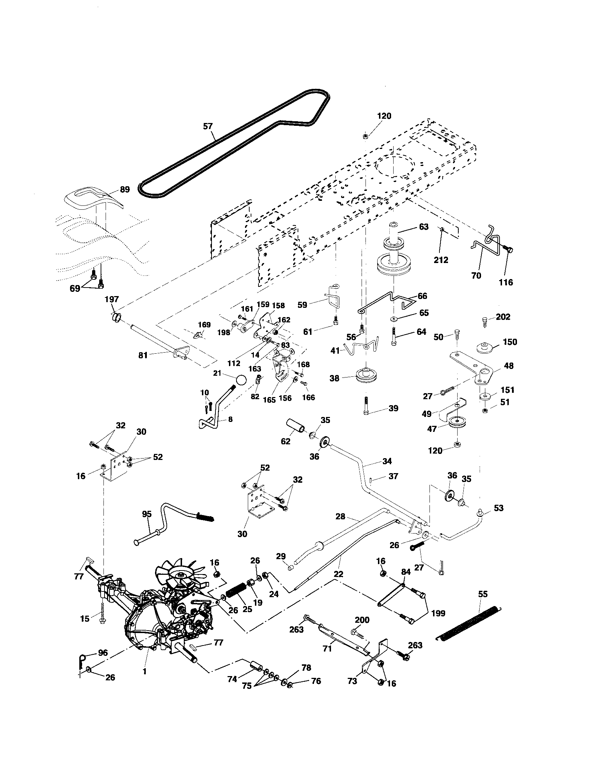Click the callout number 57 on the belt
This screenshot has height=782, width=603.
point(208,126)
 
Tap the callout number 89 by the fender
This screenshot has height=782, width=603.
point(124,189)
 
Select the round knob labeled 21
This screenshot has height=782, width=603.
point(241,379)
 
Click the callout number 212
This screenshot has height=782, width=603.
point(441,260)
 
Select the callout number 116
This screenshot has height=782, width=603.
point(506,282)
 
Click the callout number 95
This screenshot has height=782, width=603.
point(147,514)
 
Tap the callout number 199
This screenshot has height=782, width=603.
point(438,614)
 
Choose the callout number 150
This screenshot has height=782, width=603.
point(510,342)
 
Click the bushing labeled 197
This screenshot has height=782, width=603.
point(116,317)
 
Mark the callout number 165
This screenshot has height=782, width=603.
point(269,400)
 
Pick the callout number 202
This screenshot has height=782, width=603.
point(503,317)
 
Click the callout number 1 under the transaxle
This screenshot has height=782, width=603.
point(145,671)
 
